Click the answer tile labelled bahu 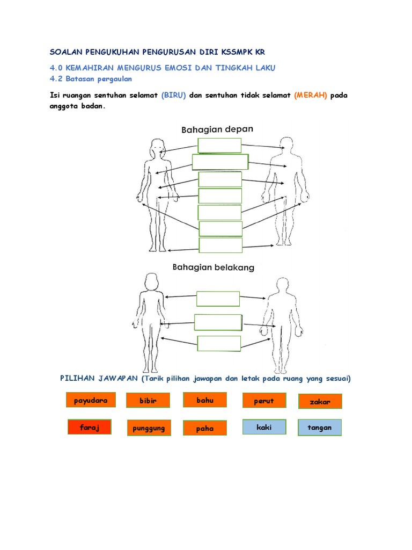tap(204, 400)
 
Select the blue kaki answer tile tap(264, 427)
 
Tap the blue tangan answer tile tap(320, 428)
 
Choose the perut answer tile tap(263, 401)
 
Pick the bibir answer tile tap(148, 401)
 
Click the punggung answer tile tap(149, 428)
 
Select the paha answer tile tap(204, 428)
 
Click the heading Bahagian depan tap(217, 129)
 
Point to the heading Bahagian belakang tap(213, 267)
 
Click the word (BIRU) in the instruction tap(173, 95)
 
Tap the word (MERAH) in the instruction tap(311, 95)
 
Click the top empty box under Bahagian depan tap(220, 146)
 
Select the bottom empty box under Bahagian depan tap(220, 245)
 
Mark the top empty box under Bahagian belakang tap(218, 299)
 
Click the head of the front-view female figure tap(157, 147)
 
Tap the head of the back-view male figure tap(281, 286)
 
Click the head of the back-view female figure tap(150, 282)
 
